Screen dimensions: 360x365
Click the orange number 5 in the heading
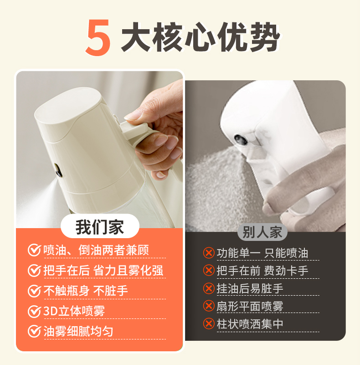tap(98, 38)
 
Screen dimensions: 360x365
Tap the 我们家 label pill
tap(100, 226)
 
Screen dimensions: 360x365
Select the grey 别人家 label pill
tap(262, 232)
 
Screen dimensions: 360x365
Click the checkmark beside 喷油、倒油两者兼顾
tap(34, 250)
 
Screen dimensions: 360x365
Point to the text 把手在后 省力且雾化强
tap(103, 271)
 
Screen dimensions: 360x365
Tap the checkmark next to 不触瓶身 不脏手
tap(34, 291)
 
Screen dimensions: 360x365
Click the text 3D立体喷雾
tap(74, 311)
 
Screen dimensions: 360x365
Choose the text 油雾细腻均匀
tap(78, 332)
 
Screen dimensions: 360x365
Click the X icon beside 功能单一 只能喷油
tap(209, 253)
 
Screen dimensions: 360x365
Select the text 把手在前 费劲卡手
tap(262, 271)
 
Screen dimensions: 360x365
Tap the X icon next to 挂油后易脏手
tap(209, 288)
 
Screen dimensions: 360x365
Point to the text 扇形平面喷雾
tap(250, 306)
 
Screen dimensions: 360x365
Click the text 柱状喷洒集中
tap(250, 324)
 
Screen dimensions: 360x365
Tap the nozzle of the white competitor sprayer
tap(241, 140)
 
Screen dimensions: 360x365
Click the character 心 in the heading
tap(200, 37)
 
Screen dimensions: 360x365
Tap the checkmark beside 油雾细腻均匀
tap(34, 332)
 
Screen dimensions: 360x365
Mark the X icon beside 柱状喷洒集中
tap(209, 323)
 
